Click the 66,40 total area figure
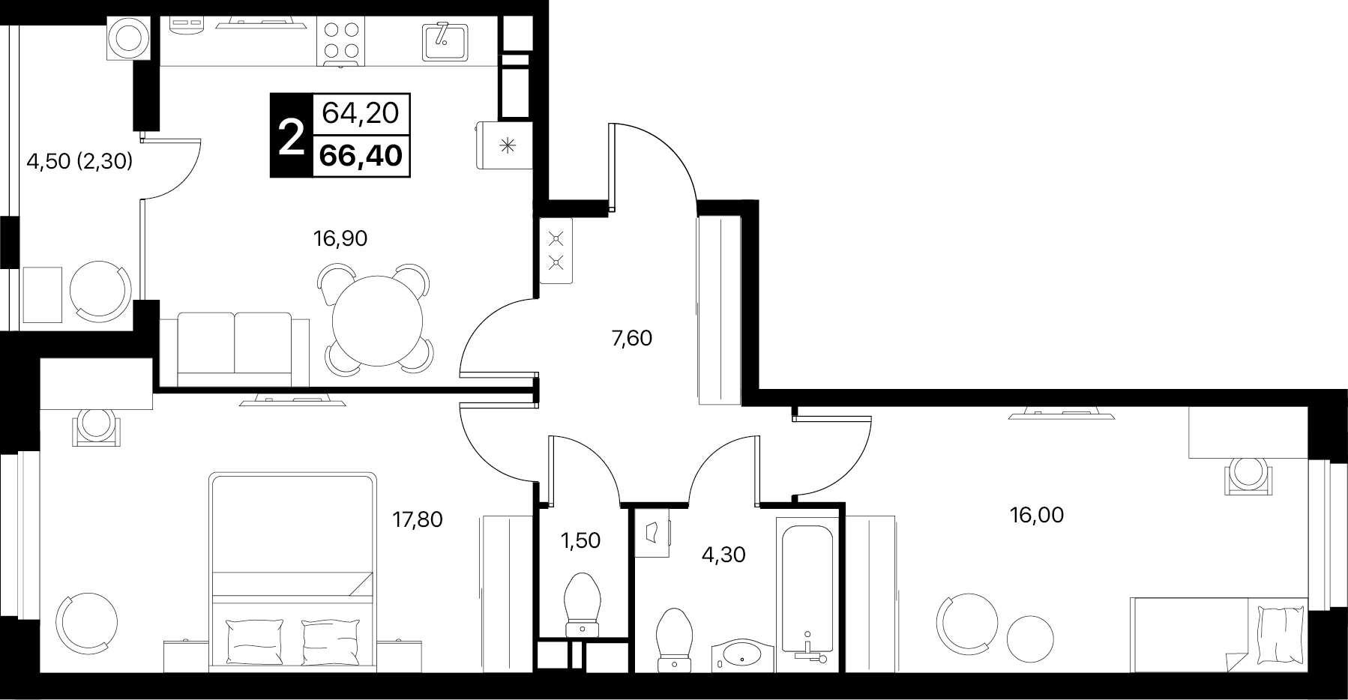tap(361, 156)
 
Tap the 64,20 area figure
tap(361, 113)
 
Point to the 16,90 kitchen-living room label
tap(340, 238)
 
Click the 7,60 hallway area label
tap(631, 339)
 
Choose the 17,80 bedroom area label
tap(418, 519)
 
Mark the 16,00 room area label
tap(1037, 515)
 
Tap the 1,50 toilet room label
tap(581, 540)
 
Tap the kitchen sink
tap(445, 40)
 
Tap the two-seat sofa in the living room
tap(235, 349)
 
